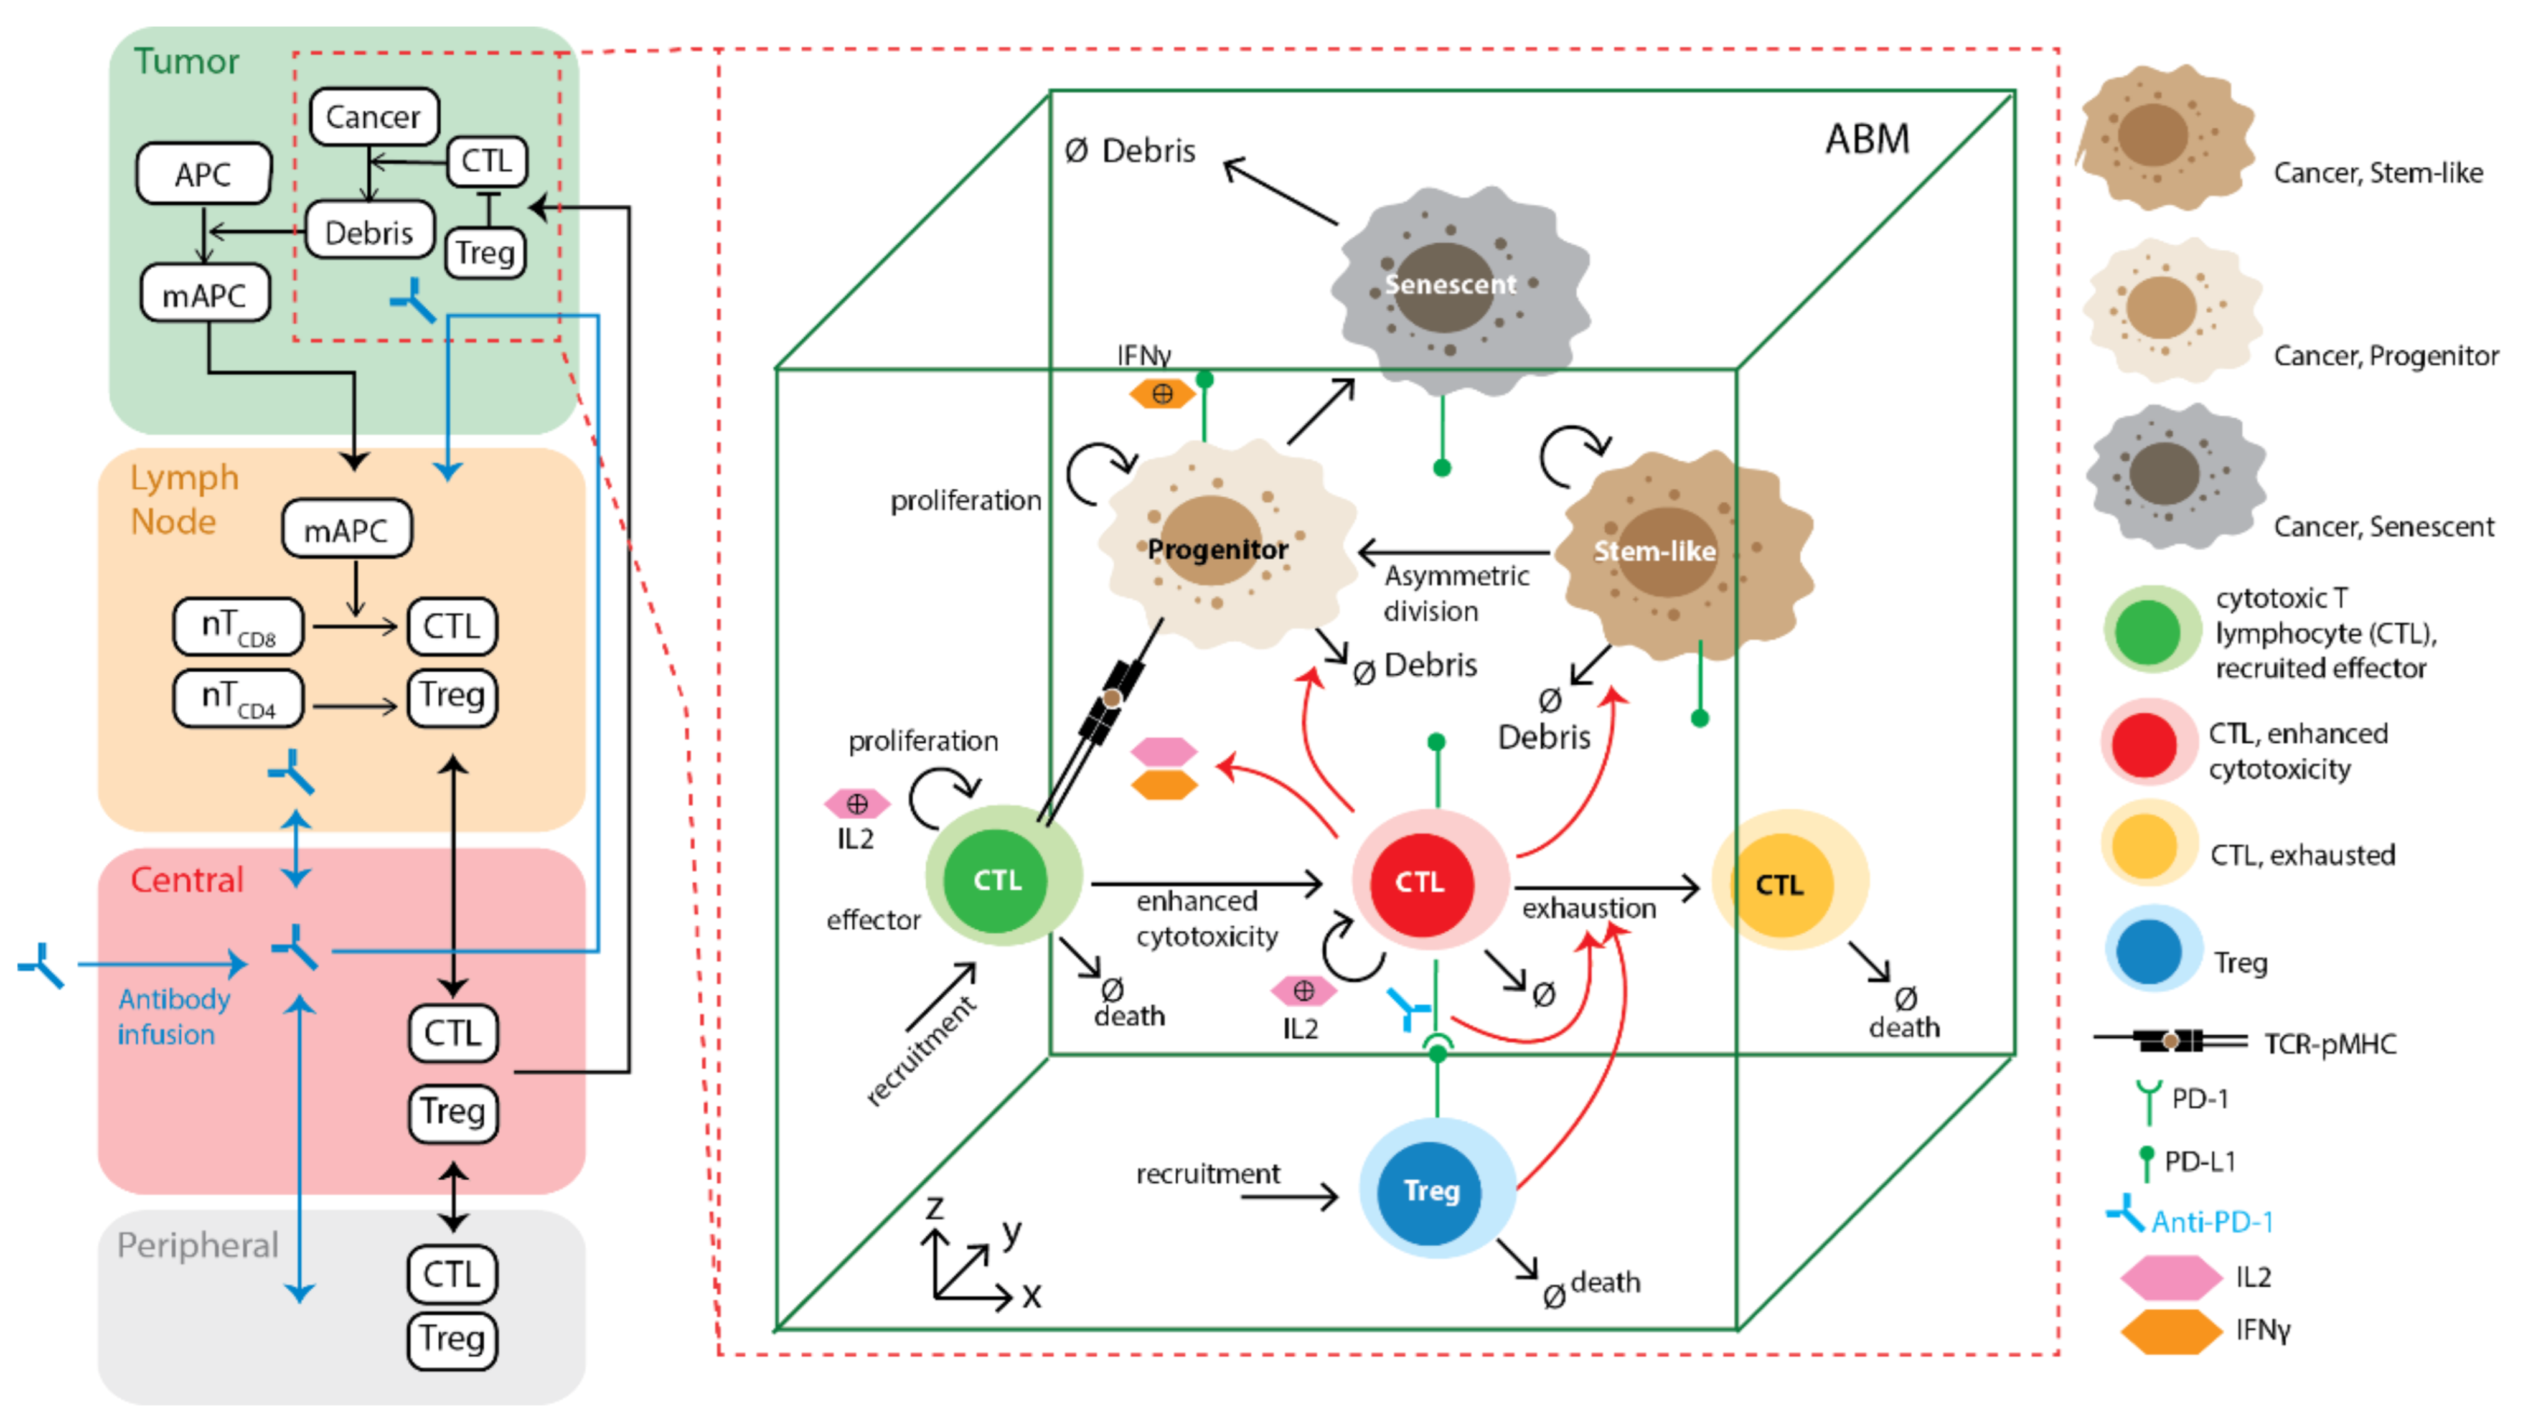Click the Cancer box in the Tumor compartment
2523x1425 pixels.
[x=373, y=116]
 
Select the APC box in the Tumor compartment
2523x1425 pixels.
[x=203, y=174]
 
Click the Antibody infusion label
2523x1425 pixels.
[x=172, y=1017]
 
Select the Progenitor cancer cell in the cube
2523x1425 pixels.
[x=1218, y=548]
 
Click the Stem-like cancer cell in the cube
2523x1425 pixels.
[x=1665, y=552]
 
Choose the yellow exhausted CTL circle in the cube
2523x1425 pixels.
[x=1780, y=885]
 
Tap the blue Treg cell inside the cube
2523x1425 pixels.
[x=1431, y=1191]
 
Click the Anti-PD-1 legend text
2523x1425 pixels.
[x=2212, y=1221]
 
